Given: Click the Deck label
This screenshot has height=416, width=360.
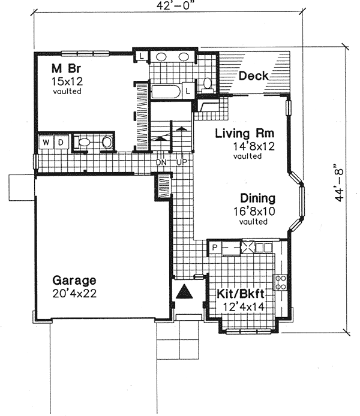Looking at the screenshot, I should click(x=253, y=76).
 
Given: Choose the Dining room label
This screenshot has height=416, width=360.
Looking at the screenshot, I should click(x=257, y=198).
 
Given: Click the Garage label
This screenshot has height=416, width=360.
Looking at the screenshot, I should click(x=74, y=281).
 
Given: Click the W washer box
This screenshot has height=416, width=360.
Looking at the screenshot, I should click(x=46, y=142).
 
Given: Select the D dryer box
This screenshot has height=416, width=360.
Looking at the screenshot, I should click(x=61, y=142).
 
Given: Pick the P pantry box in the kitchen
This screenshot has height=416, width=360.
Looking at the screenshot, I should click(x=215, y=247).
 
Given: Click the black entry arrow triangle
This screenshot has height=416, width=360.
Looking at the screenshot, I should click(x=185, y=293).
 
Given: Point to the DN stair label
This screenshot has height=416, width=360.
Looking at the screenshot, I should click(x=161, y=162).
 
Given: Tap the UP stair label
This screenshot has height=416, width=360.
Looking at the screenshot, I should click(x=182, y=162).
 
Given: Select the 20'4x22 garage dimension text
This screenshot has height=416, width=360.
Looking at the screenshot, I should click(x=74, y=294).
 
